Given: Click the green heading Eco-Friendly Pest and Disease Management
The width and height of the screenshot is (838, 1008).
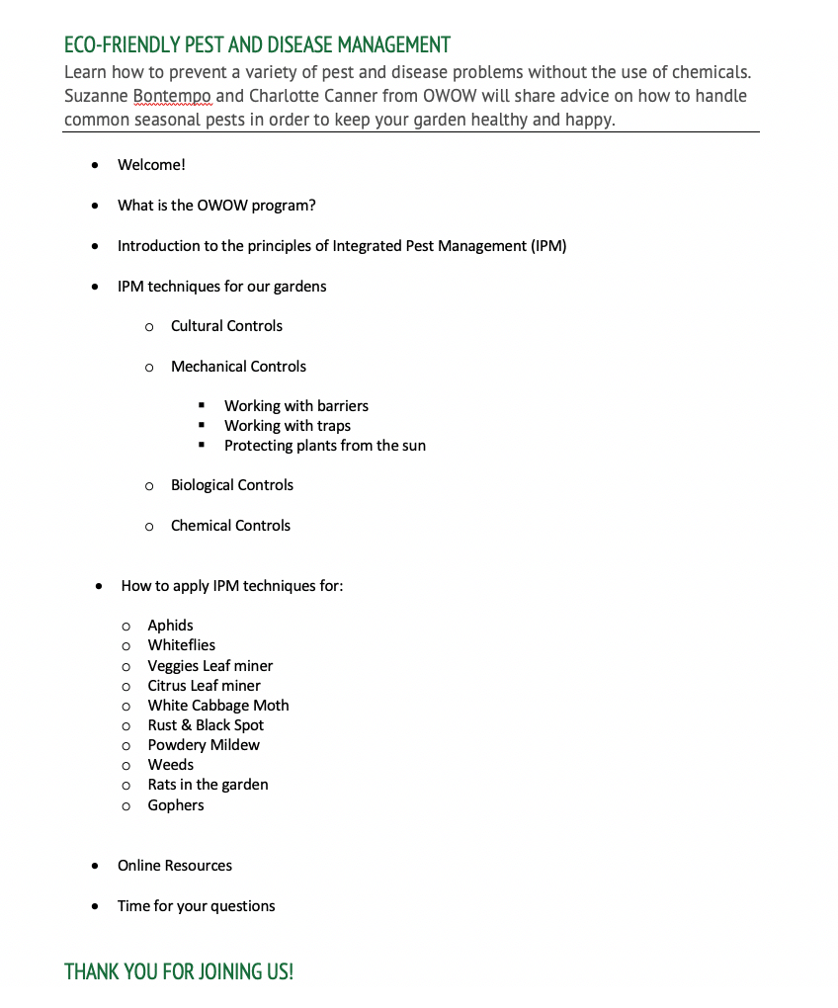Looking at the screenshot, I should pyautogui.click(x=257, y=45).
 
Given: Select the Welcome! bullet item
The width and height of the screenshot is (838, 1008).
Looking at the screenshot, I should pyautogui.click(x=151, y=165).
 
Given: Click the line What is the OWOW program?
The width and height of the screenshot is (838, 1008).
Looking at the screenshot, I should pyautogui.click(x=216, y=206).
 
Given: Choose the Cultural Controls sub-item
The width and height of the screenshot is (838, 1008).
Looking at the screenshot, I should pyautogui.click(x=226, y=326).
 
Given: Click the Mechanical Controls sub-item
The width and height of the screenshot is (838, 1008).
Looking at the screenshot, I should pyautogui.click(x=238, y=367).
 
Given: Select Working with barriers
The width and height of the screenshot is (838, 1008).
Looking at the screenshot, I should pyautogui.click(x=295, y=406).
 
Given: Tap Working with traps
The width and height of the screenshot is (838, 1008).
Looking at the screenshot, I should pyautogui.click(x=287, y=426).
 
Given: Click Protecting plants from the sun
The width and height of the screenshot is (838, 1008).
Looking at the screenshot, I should pyautogui.click(x=324, y=446).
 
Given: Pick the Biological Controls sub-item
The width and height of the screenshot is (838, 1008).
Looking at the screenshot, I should pyautogui.click(x=231, y=485).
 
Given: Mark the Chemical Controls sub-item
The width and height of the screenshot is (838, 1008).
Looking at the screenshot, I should pyautogui.click(x=230, y=526).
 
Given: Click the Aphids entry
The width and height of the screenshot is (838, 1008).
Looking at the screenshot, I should pyautogui.click(x=170, y=626).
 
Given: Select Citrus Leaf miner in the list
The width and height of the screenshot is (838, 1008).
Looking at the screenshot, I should pyautogui.click(x=204, y=686).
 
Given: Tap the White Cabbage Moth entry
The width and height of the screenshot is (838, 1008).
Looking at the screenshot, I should pyautogui.click(x=218, y=706).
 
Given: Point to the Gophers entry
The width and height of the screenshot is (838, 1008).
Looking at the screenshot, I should pyautogui.click(x=175, y=805).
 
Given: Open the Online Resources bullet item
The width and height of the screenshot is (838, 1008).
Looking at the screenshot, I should pyautogui.click(x=175, y=866).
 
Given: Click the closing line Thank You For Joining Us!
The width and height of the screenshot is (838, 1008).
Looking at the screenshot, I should pyautogui.click(x=179, y=972).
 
